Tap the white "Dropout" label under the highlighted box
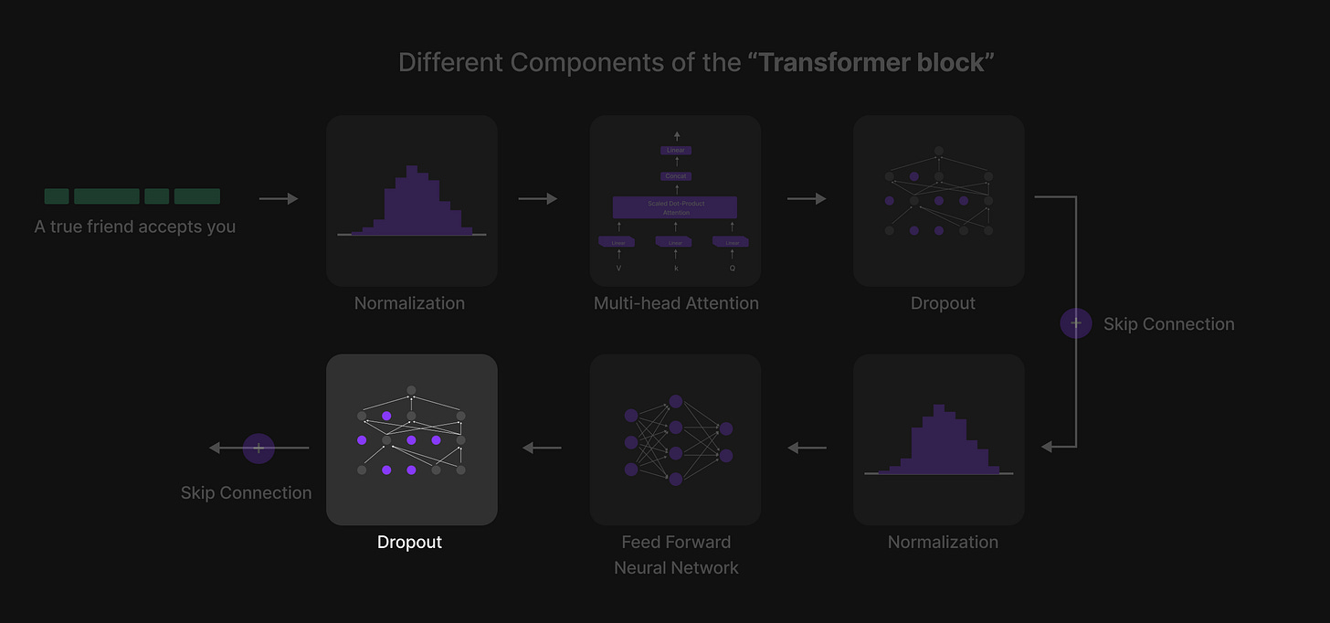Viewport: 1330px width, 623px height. pyautogui.click(x=409, y=542)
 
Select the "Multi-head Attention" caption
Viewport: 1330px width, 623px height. pyautogui.click(x=676, y=303)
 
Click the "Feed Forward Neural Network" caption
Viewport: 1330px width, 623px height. pyautogui.click(x=676, y=554)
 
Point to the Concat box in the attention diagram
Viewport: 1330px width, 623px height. pyautogui.click(x=676, y=175)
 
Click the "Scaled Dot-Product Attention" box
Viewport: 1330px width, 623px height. pyautogui.click(x=675, y=207)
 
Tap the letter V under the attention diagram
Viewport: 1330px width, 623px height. pyautogui.click(x=618, y=268)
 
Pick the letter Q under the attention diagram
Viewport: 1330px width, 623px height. pyautogui.click(x=732, y=268)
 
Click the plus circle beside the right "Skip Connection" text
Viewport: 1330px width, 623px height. pyautogui.click(x=1076, y=323)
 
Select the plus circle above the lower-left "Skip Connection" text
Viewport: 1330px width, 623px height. pyautogui.click(x=259, y=448)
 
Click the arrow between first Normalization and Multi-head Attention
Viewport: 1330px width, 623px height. pyautogui.click(x=538, y=198)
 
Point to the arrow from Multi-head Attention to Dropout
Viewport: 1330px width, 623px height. pyautogui.click(x=807, y=198)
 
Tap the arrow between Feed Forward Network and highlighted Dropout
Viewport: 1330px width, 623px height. pyautogui.click(x=542, y=448)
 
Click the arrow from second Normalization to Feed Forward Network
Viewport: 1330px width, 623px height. pyautogui.click(x=807, y=448)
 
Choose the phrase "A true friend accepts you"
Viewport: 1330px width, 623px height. pyautogui.click(x=135, y=227)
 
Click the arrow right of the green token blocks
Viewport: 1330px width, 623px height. pyautogui.click(x=279, y=198)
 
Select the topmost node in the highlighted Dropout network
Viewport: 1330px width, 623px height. pyautogui.click(x=411, y=390)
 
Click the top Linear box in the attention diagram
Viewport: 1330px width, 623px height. pyautogui.click(x=676, y=150)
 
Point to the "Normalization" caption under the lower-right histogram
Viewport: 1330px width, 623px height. pyautogui.click(x=943, y=542)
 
